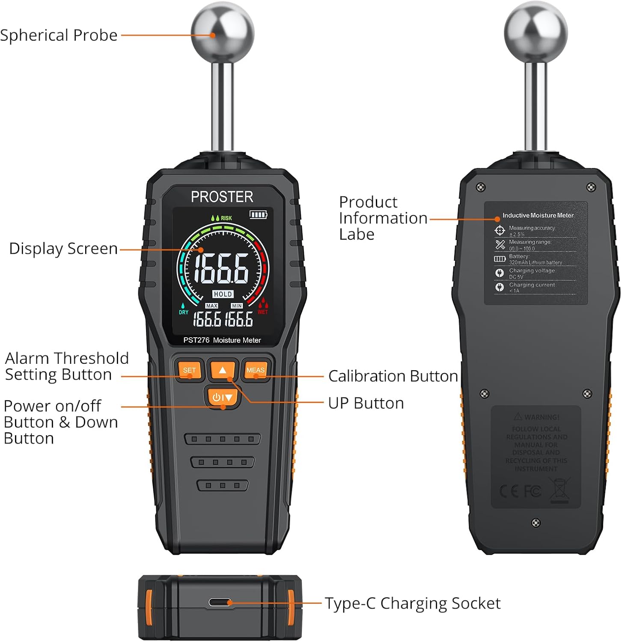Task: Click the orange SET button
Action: [189, 370]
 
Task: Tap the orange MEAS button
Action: [256, 370]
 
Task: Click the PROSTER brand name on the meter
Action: [222, 197]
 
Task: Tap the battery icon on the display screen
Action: [258, 214]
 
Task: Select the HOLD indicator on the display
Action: [223, 294]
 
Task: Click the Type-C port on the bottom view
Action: [220, 603]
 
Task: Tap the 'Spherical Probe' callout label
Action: [59, 36]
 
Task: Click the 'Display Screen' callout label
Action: [63, 249]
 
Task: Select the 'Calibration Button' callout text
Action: [393, 376]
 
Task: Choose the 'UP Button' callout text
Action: [366, 403]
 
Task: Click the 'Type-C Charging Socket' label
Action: [413, 603]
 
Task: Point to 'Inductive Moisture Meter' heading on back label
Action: [538, 215]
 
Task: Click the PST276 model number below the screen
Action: [196, 340]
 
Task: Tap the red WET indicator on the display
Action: [262, 312]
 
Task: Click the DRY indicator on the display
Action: [184, 312]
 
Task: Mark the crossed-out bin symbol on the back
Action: [560, 490]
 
